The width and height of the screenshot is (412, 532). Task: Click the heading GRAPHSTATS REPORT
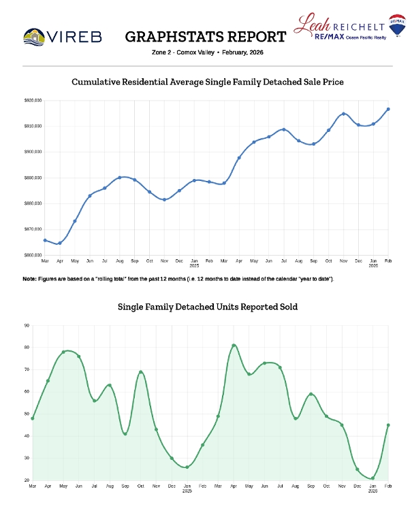206,36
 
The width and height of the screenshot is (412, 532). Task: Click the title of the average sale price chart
208,82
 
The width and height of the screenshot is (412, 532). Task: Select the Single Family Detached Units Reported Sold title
208,307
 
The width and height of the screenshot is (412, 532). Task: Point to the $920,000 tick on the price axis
33,101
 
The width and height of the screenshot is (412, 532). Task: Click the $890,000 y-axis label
33,178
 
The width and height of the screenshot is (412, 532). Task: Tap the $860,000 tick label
33,255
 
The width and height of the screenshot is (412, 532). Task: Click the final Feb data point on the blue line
388,109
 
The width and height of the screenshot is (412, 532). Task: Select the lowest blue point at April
60,243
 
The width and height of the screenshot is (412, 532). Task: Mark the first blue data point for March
45,240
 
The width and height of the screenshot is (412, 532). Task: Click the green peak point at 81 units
234,346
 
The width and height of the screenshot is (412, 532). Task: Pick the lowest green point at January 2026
373,478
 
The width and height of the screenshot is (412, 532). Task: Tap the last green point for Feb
388,425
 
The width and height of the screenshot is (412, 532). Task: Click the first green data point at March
32,418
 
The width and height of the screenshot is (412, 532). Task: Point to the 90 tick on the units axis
27,325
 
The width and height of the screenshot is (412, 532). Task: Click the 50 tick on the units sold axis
27,414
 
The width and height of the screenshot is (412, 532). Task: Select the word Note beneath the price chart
29,280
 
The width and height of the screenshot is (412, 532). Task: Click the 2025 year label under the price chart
194,265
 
